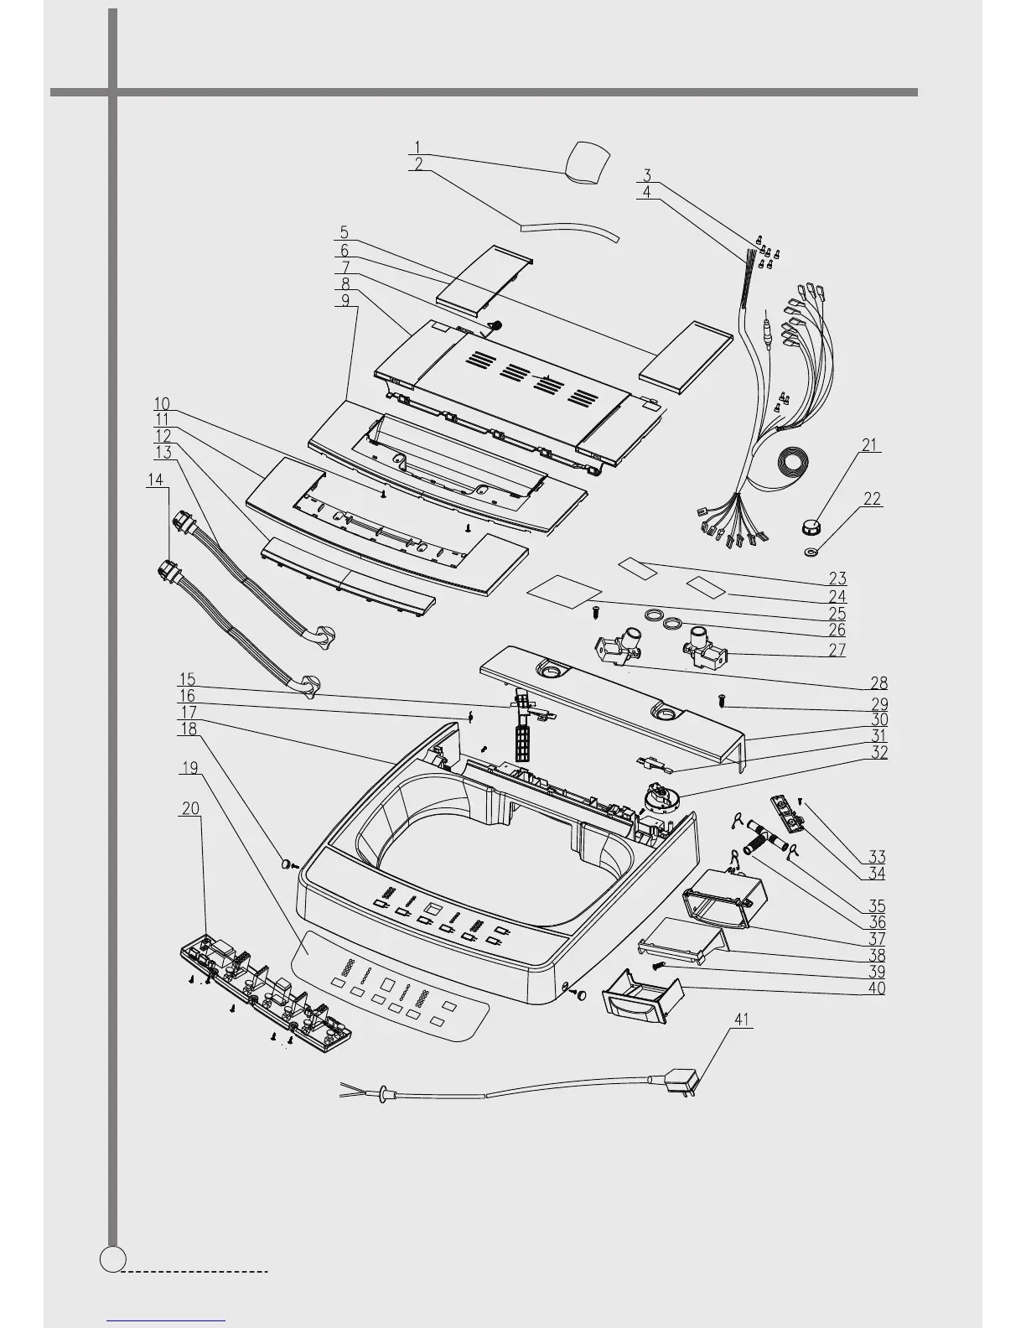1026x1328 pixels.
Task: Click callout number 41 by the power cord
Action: tap(742, 1019)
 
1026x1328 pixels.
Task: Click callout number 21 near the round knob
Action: tap(871, 445)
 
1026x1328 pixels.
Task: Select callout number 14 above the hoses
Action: tap(156, 480)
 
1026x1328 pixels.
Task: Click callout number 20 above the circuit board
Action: tap(190, 808)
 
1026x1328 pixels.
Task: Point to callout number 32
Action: tap(878, 753)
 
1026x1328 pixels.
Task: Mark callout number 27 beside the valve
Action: tap(837, 650)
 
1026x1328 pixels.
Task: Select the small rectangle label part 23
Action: tap(638, 568)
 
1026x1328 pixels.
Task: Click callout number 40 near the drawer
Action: tap(877, 988)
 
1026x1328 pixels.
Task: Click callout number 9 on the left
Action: tap(346, 300)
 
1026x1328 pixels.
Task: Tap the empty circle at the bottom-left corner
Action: tap(112, 1258)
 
